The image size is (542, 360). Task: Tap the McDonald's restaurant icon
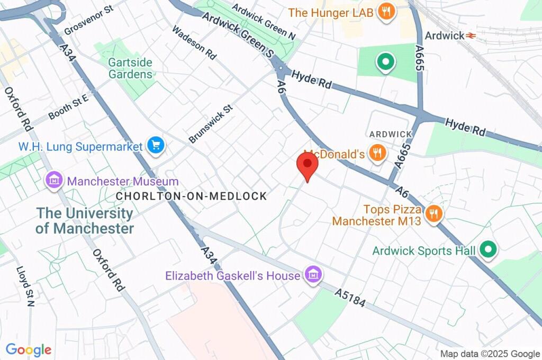click(x=377, y=154)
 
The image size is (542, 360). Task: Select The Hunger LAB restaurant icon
click(x=387, y=12)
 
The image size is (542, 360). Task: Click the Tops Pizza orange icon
click(x=433, y=213)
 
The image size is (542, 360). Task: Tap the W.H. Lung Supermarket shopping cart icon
click(x=156, y=145)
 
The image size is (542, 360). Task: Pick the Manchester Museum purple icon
click(x=54, y=180)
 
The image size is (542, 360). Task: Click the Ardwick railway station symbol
click(x=469, y=35)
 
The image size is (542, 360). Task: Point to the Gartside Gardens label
click(x=130, y=68)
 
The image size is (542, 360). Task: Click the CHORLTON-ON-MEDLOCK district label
click(x=192, y=196)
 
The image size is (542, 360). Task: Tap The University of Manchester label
click(x=85, y=221)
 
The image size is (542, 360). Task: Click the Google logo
click(x=29, y=349)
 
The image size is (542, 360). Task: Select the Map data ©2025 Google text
click(x=490, y=354)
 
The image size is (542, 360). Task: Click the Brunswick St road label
click(x=211, y=124)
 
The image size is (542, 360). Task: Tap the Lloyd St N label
click(x=24, y=286)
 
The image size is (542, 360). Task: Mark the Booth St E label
click(x=68, y=107)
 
